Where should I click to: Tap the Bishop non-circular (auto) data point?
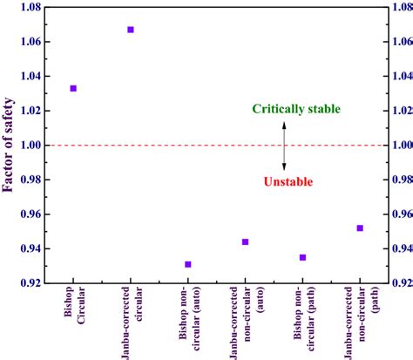(188, 264)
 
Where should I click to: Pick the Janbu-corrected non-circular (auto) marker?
(245, 241)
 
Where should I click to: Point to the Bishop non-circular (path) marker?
(302, 257)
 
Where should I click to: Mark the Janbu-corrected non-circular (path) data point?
(360, 228)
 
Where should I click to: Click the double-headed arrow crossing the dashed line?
(283, 145)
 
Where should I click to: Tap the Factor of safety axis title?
(11, 145)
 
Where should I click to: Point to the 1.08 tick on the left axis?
(33, 7)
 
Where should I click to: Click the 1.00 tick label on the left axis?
(33, 145)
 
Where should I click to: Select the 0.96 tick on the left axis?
(33, 214)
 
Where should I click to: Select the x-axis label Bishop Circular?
(73, 309)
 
